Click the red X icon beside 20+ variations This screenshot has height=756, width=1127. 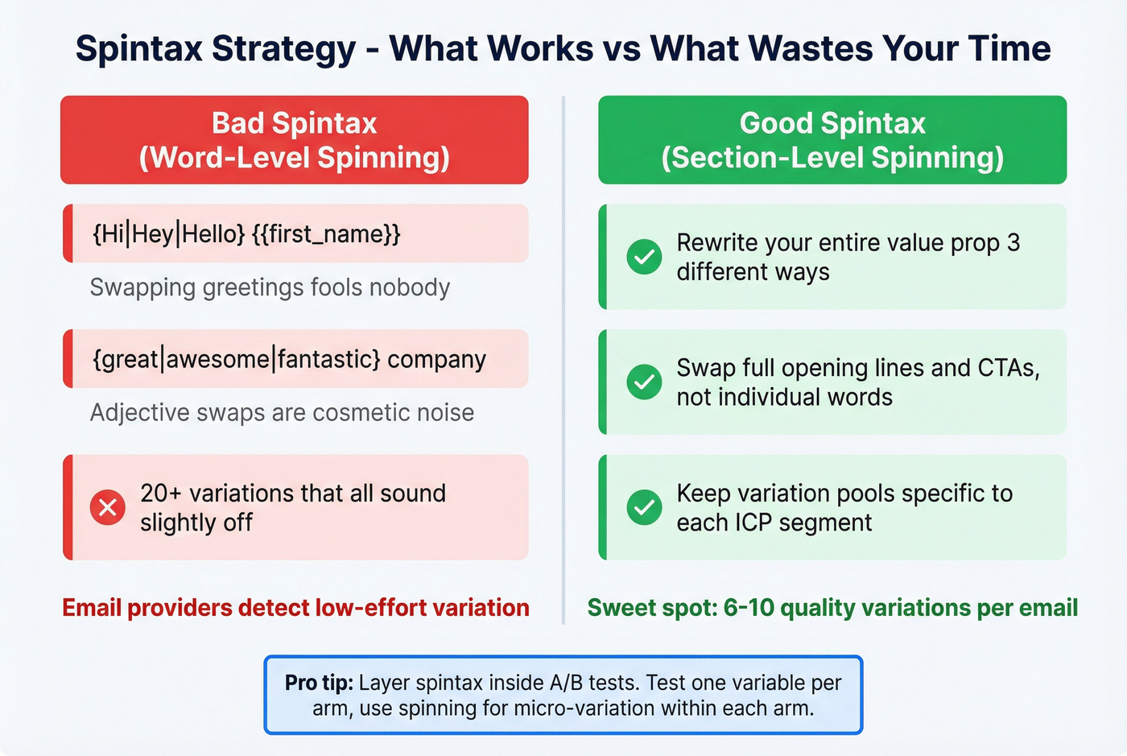(x=108, y=507)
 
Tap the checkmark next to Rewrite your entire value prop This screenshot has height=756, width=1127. (x=644, y=257)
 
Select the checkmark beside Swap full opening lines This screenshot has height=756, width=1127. (x=644, y=382)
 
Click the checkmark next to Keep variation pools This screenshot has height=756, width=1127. (x=644, y=507)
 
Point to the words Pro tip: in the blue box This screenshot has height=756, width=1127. (x=319, y=683)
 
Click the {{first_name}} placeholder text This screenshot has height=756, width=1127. (x=326, y=234)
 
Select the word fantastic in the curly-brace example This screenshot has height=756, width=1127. (x=328, y=359)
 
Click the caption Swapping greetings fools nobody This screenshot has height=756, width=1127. (x=270, y=287)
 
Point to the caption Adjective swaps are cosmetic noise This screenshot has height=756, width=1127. (x=282, y=412)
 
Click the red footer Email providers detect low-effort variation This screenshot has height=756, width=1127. (x=295, y=608)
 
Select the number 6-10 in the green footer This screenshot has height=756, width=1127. (x=749, y=608)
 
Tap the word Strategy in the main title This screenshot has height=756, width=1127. (x=283, y=48)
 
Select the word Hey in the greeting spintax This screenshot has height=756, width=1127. (x=153, y=234)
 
